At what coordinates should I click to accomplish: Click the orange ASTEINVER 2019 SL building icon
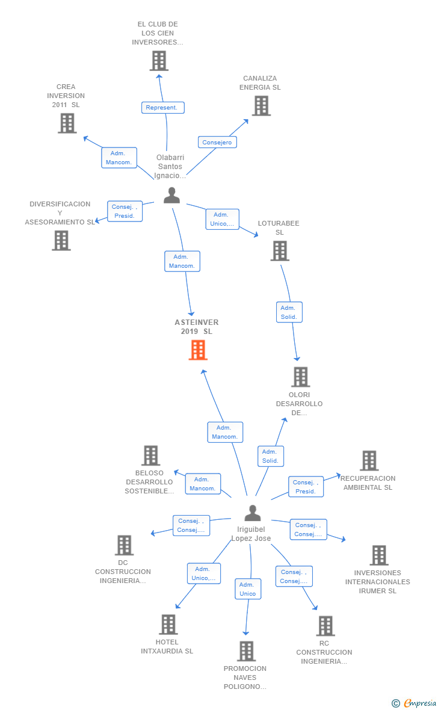click(198, 350)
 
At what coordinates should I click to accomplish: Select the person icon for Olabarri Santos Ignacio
click(171, 195)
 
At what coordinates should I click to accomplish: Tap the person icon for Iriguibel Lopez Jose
click(253, 513)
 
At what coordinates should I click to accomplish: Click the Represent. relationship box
click(163, 108)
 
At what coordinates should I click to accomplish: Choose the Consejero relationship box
click(217, 142)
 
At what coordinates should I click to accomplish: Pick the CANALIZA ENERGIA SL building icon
click(262, 106)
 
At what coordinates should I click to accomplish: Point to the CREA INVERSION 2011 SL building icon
click(67, 123)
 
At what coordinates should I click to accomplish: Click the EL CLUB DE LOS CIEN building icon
click(159, 61)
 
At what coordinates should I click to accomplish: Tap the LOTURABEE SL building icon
click(280, 251)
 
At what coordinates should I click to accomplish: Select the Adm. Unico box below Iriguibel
click(248, 589)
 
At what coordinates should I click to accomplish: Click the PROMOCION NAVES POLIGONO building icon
click(247, 651)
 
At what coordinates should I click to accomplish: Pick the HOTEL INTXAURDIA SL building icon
click(168, 625)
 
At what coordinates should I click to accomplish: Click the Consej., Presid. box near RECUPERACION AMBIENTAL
click(306, 487)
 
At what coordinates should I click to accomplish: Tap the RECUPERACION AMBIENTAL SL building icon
click(369, 461)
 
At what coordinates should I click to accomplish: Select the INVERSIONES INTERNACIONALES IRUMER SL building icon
click(380, 555)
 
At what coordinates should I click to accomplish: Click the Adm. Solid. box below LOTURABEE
click(289, 312)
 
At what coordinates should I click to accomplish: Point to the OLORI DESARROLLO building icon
click(300, 377)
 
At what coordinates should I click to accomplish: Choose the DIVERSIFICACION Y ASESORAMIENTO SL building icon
click(61, 241)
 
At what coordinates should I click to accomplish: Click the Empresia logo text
click(420, 703)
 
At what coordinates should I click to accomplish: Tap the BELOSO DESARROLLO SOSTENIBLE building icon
click(151, 455)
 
